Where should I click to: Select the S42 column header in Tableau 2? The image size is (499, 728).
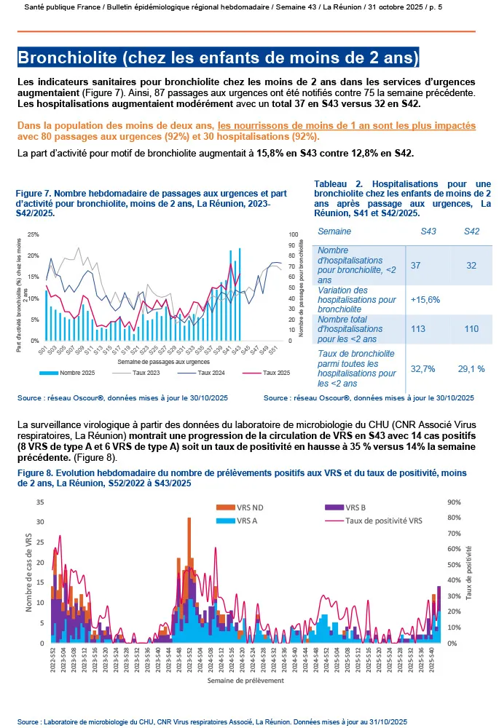click(x=472, y=232)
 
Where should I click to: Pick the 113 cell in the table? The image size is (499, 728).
click(x=419, y=329)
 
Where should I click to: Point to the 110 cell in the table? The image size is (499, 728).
click(x=471, y=329)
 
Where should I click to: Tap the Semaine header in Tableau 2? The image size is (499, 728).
click(x=335, y=232)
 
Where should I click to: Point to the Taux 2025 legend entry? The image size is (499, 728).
click(x=271, y=373)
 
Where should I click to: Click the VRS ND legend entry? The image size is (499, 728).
click(x=245, y=507)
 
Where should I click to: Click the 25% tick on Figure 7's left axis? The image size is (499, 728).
click(x=33, y=235)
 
